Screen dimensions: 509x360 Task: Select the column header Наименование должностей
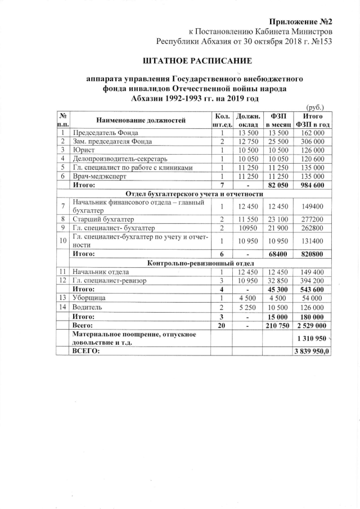pos(133,120)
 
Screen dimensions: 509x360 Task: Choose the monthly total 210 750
pos(277,326)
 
